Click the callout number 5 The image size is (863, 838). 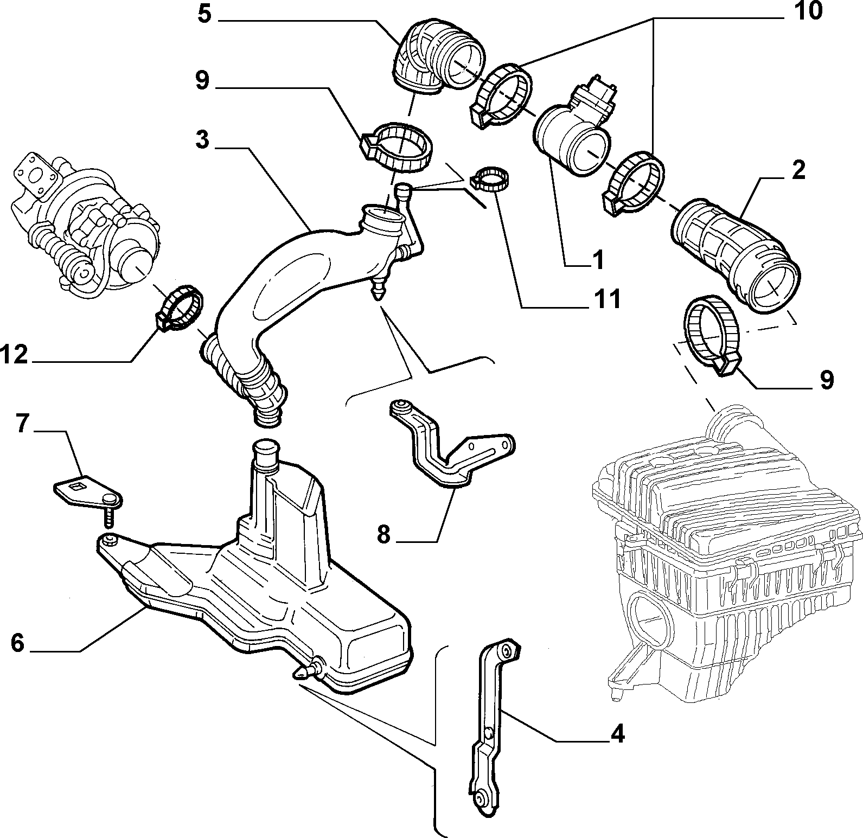[204, 13]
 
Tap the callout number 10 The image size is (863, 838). [808, 11]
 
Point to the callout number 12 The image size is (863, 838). [15, 355]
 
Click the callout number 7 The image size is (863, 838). [22, 424]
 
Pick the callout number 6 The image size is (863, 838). [18, 644]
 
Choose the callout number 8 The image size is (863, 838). [383, 535]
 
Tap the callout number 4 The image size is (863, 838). [617, 735]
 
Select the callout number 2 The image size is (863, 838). [798, 171]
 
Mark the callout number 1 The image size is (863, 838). [597, 261]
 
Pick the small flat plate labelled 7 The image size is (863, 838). [89, 490]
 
